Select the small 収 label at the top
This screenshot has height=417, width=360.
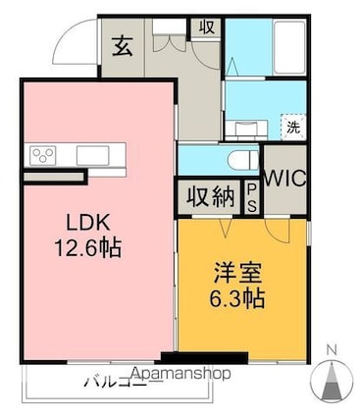(x=207, y=26)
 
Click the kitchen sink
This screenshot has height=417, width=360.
(x=93, y=154)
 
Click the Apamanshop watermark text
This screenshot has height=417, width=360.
(x=180, y=374)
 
